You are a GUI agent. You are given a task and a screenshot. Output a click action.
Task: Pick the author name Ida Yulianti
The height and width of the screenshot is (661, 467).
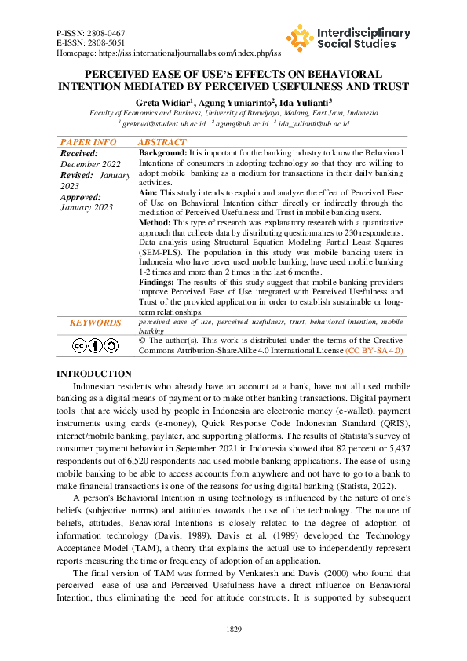302,102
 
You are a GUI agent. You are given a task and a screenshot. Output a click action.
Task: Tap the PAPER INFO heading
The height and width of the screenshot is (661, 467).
88,142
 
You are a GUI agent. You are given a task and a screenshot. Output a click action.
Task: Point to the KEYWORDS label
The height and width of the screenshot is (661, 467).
95,323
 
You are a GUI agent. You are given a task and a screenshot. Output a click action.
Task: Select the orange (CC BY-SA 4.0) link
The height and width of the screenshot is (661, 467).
374,351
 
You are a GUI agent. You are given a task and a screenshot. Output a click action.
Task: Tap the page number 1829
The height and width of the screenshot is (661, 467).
233,630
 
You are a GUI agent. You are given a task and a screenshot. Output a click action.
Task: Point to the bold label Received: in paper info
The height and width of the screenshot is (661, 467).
79,153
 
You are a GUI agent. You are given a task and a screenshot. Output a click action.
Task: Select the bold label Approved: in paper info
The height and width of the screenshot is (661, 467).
81,197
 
